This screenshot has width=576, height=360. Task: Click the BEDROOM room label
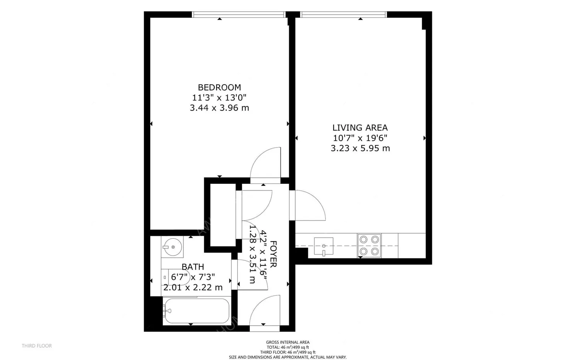219,87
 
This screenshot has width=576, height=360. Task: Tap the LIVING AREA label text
360,127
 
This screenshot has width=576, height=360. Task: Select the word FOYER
273,254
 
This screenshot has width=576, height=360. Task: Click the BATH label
193,267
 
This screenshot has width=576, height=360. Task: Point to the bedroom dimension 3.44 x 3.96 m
219,108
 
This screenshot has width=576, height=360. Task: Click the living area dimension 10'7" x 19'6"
360,138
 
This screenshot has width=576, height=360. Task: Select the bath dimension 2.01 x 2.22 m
193,287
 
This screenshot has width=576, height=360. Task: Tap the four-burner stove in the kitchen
369,246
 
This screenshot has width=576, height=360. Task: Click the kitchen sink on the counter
324,246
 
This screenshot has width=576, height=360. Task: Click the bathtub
196,311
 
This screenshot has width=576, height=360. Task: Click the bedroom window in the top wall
239,15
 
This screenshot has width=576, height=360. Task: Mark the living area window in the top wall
344,15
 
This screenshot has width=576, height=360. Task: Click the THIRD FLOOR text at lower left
37,346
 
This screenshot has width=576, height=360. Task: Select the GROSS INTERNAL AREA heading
288,342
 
